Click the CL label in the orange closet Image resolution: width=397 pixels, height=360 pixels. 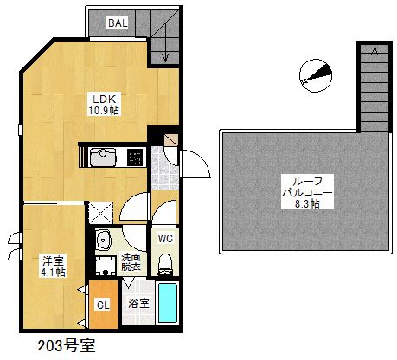102,305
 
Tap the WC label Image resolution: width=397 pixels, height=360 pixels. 166,237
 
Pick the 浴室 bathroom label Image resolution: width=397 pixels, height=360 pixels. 138,304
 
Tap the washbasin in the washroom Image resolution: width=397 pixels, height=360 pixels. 104,241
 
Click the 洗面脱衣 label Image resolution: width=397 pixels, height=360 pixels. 131,263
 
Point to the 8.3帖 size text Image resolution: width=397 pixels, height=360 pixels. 304,205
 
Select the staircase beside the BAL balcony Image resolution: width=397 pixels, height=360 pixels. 162,35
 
